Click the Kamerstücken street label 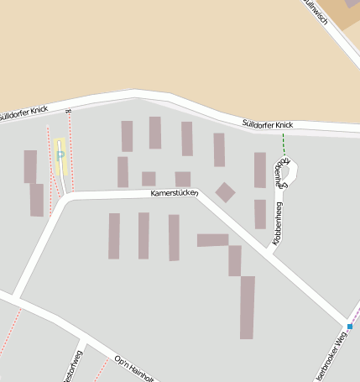click(x=175, y=194)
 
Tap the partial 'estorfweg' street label click(x=72, y=367)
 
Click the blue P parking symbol click(x=60, y=155)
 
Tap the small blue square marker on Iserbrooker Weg click(x=350, y=326)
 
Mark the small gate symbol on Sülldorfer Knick click(x=69, y=109)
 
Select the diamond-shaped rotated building click(x=225, y=192)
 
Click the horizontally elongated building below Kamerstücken click(x=212, y=240)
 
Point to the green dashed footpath click(x=284, y=143)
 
